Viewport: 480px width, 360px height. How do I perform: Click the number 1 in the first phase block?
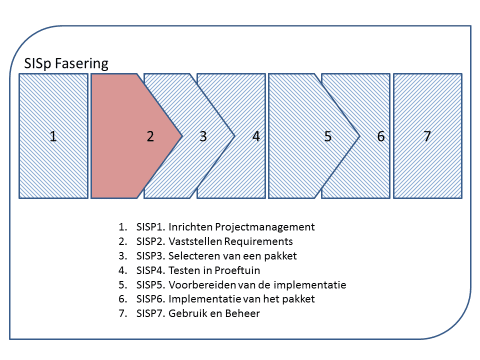click(53, 136)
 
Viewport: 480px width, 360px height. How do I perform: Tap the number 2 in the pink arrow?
click(150, 136)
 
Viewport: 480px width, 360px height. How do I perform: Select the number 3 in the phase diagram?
click(203, 136)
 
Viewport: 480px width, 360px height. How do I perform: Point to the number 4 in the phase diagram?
click(256, 136)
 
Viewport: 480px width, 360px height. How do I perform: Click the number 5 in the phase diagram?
click(328, 136)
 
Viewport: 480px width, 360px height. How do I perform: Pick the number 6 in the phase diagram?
click(381, 136)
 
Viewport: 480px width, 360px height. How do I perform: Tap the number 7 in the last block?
click(427, 136)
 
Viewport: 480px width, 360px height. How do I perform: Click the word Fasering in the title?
click(81, 63)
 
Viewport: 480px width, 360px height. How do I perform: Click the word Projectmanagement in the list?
click(265, 227)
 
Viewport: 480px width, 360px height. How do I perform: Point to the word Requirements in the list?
click(258, 241)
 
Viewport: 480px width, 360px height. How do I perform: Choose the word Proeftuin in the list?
click(237, 270)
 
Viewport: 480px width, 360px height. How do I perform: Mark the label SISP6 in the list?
click(151, 299)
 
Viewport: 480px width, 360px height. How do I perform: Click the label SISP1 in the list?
click(151, 227)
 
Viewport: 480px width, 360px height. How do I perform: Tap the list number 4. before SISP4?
click(123, 270)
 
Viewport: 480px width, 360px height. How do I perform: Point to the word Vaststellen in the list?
click(195, 241)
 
